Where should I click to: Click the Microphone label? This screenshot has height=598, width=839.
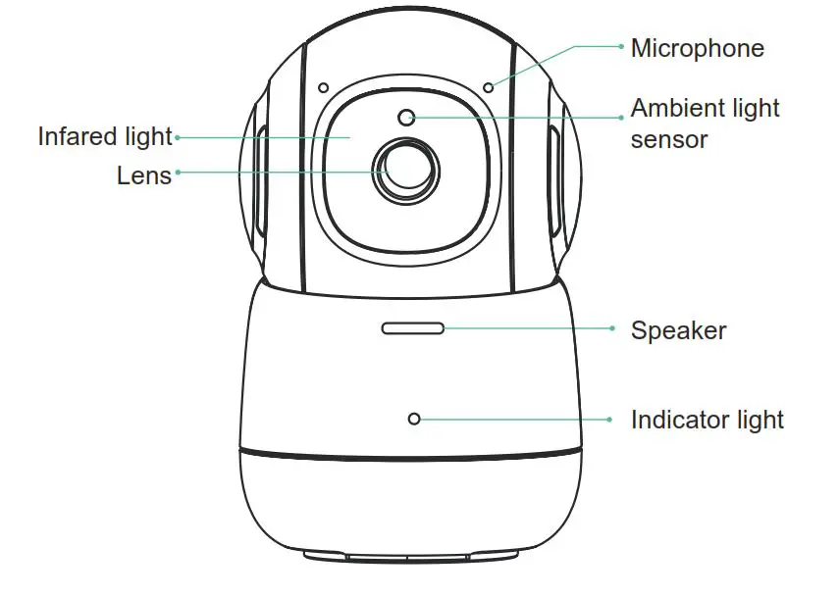click(x=697, y=48)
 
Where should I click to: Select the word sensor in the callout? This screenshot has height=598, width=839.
click(x=668, y=139)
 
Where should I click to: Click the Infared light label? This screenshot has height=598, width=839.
click(x=105, y=136)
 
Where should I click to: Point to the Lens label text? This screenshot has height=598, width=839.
click(x=144, y=175)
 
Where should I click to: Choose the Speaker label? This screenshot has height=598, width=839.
click(x=678, y=330)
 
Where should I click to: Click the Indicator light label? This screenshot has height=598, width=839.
click(x=707, y=421)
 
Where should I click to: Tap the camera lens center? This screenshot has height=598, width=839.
click(x=405, y=171)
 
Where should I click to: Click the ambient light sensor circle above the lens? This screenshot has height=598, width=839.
click(x=407, y=119)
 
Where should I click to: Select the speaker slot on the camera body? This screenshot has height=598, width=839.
click(x=412, y=327)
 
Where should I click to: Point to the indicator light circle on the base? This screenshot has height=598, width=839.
click(x=414, y=419)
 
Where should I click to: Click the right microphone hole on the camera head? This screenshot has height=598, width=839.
click(x=489, y=87)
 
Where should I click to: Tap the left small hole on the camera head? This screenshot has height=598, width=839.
click(x=323, y=87)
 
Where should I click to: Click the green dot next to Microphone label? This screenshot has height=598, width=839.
click(x=621, y=45)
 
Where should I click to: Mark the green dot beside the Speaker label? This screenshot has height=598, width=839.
click(x=612, y=328)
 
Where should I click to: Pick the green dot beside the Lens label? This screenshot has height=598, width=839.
click(x=178, y=173)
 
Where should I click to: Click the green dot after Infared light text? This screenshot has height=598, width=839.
click(x=177, y=138)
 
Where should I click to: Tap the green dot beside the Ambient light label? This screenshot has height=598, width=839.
click(x=621, y=117)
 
